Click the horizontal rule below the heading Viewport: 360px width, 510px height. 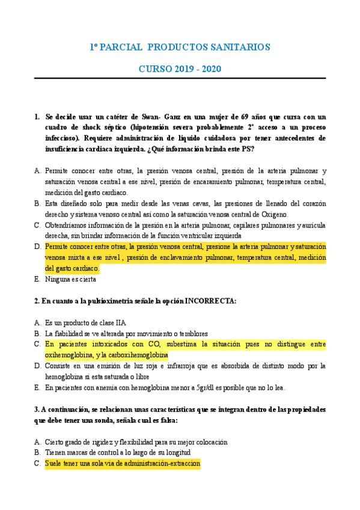pos(180,79)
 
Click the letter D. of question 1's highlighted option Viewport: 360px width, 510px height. pos(38,247)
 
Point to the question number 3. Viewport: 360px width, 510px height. pos(37,409)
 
